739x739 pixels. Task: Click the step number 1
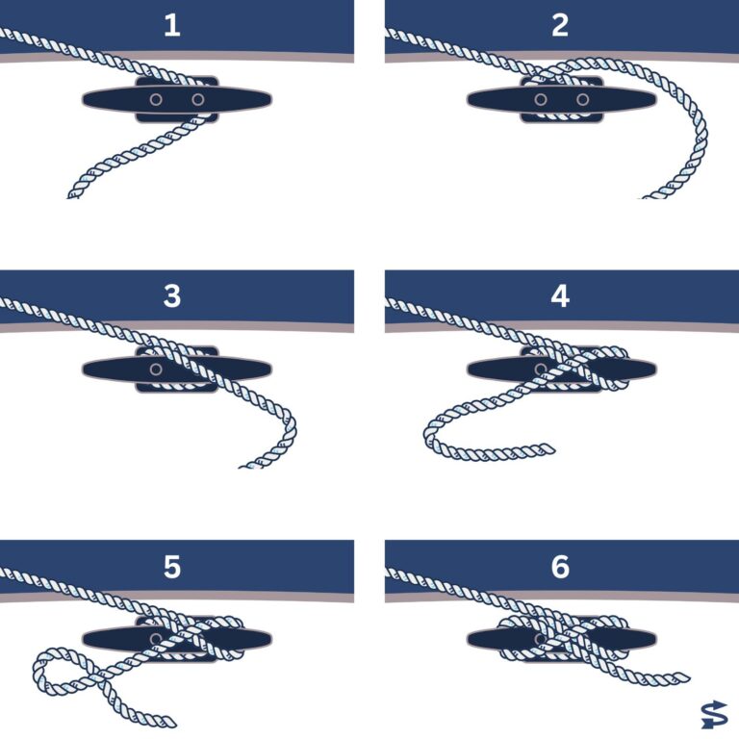[x=172, y=25]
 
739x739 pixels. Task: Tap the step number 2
[x=560, y=25]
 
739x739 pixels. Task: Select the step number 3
[x=172, y=296]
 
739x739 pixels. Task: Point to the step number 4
[x=560, y=296]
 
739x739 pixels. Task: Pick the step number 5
[x=172, y=566]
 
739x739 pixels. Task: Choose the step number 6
[x=560, y=566]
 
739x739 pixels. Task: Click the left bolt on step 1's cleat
[x=156, y=99]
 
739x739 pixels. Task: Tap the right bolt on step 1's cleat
[x=198, y=99]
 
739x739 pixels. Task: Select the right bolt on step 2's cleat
[x=582, y=99]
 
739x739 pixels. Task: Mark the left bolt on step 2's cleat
[x=541, y=99]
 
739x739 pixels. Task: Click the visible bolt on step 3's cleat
[x=156, y=369]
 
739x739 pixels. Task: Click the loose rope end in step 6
[x=688, y=677]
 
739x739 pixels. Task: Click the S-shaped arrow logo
[x=714, y=715]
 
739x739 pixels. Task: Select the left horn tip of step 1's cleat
[x=84, y=99]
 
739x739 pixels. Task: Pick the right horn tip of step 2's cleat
[x=654, y=99]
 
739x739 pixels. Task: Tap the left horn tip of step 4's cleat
[x=469, y=369]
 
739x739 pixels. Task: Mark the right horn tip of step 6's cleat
[x=654, y=640]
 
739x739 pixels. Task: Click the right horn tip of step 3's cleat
[x=270, y=369]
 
